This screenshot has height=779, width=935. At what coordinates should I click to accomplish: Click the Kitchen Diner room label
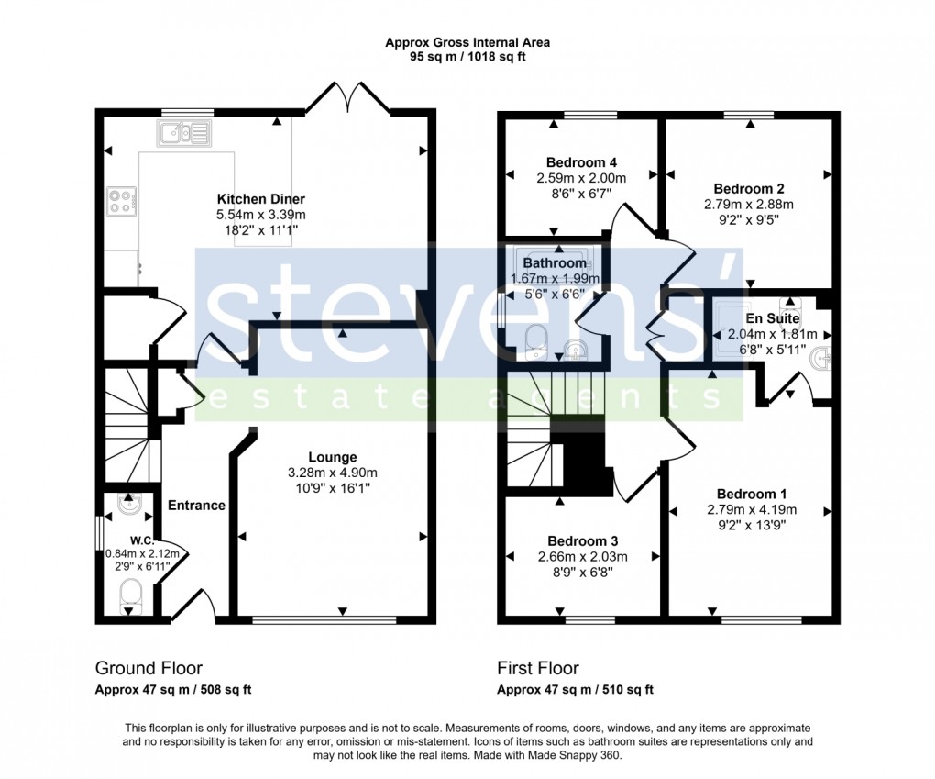(260, 199)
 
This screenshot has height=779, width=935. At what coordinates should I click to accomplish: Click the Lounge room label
(332, 457)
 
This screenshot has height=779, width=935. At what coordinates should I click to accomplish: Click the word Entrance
(196, 505)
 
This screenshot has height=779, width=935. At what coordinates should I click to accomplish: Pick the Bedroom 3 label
(581, 540)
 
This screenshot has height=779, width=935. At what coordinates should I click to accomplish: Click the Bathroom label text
(555, 263)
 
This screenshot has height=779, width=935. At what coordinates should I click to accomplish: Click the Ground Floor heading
(148, 668)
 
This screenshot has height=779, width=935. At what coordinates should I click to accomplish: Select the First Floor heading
(537, 668)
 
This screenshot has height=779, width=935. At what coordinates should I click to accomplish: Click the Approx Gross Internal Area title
(467, 41)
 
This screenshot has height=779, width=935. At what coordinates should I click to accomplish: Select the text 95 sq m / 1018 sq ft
(467, 57)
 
